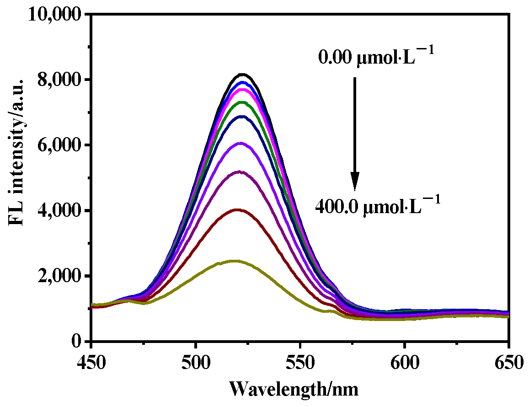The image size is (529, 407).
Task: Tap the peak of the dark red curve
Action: coord(237,209)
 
